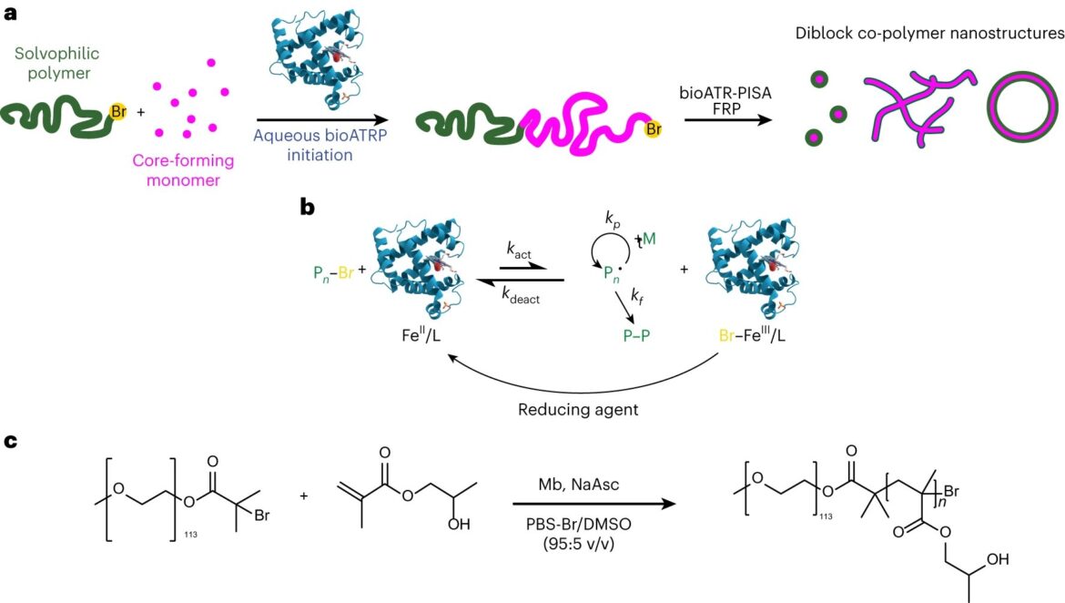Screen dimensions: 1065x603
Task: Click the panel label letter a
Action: pyautogui.click(x=10, y=13)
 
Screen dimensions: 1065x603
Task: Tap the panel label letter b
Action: pyautogui.click(x=308, y=208)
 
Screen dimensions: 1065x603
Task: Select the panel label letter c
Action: pyautogui.click(x=10, y=441)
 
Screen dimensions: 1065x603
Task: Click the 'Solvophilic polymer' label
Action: pyautogui.click(x=57, y=63)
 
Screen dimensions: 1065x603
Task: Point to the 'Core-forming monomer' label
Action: pyautogui.click(x=183, y=170)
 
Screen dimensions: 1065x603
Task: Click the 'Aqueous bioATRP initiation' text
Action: pyautogui.click(x=319, y=145)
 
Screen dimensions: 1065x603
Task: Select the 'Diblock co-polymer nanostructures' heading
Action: pyautogui.click(x=930, y=34)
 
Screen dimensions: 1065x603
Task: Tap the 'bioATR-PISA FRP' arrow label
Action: pyautogui.click(x=725, y=100)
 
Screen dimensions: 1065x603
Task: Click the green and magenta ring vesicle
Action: pyautogui.click(x=1022, y=107)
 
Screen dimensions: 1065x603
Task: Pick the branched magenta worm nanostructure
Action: pyautogui.click(x=918, y=108)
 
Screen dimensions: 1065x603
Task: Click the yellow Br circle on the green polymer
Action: pyautogui.click(x=118, y=112)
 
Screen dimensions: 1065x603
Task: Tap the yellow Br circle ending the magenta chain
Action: pyautogui.click(x=653, y=128)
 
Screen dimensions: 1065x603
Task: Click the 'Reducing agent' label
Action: pyautogui.click(x=578, y=410)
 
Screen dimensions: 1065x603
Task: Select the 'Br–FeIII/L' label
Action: pyautogui.click(x=752, y=334)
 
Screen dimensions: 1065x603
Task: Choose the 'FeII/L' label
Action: pyautogui.click(x=421, y=334)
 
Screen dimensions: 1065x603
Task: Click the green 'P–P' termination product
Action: pyautogui.click(x=636, y=336)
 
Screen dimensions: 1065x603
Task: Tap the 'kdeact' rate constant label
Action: pyautogui.click(x=521, y=295)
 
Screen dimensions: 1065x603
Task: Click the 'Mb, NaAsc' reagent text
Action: pyautogui.click(x=579, y=485)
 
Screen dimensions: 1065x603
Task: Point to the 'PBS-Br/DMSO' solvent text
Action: pyautogui.click(x=579, y=524)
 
